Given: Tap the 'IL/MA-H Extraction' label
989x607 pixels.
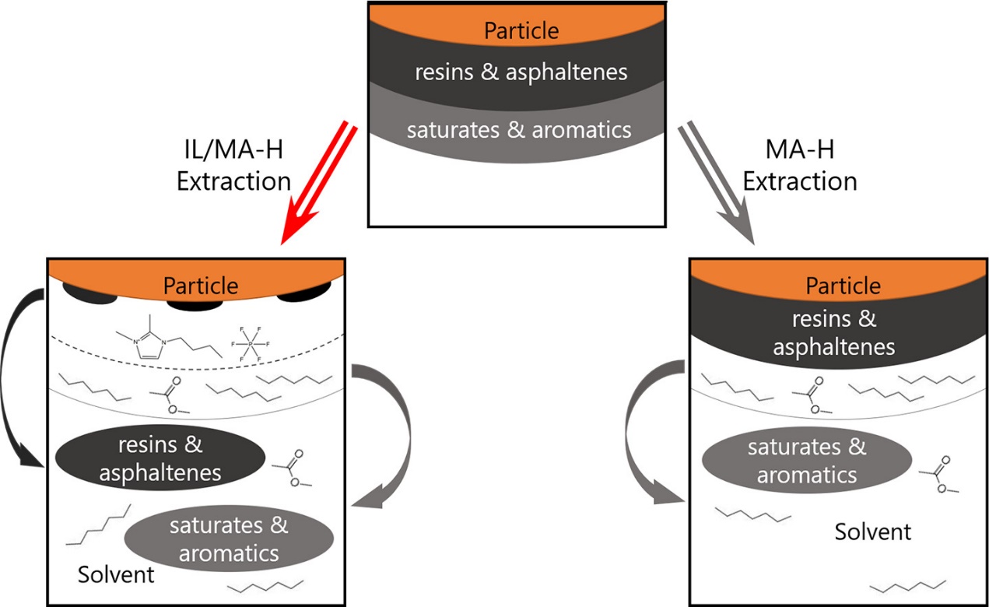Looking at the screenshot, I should point(233,166).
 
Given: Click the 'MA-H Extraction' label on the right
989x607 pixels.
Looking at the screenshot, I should point(799,166).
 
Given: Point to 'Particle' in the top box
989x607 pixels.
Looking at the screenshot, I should point(521,31).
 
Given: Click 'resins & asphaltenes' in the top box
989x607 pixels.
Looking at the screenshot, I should point(521,72).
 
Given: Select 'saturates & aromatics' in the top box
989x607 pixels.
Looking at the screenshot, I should point(519,128).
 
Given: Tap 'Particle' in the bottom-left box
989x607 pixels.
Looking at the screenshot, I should point(200,286).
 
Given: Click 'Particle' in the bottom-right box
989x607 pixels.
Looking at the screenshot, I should point(843,286).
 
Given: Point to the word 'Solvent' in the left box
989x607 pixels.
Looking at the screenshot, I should point(116,575).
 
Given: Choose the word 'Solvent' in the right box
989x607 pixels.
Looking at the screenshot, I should point(872,532).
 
